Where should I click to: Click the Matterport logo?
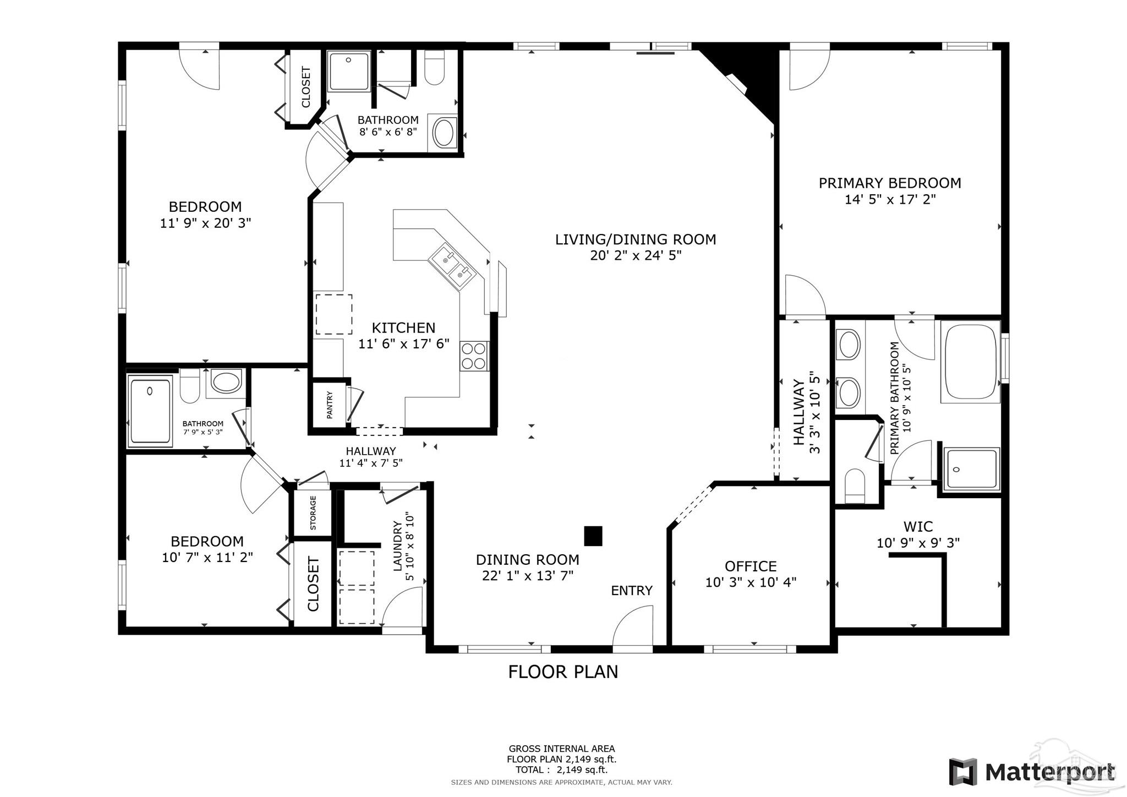tap(1032, 772)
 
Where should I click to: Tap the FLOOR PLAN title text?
tap(563, 672)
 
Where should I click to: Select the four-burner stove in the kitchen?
tap(474, 356)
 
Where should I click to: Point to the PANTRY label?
tap(330, 405)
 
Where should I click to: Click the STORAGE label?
tap(313, 513)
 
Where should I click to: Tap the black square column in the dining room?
tap(593, 536)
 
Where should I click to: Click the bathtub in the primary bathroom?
tap(970, 362)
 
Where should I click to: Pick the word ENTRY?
tap(632, 591)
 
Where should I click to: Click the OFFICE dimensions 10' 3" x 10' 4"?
tap(751, 582)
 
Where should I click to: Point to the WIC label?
tap(918, 527)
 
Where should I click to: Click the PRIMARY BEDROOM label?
tap(890, 183)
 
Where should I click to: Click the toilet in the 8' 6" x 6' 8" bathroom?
tap(435, 68)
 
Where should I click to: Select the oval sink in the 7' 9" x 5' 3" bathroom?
tap(226, 381)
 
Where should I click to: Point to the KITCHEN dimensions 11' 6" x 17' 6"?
tap(404, 344)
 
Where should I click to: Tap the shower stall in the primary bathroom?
tap(971, 468)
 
